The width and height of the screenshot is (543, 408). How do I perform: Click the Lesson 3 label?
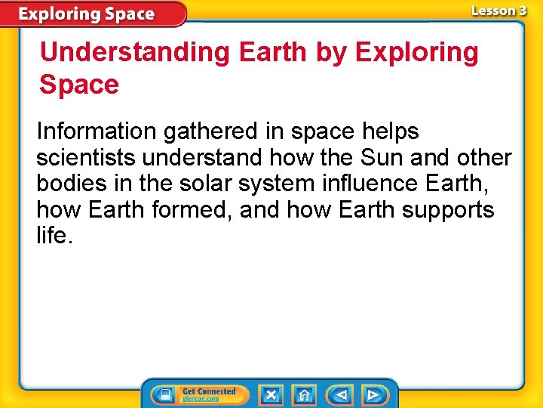click(x=499, y=11)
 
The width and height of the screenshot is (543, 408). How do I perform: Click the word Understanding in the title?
click(x=136, y=53)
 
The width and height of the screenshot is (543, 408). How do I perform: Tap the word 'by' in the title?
click(x=330, y=53)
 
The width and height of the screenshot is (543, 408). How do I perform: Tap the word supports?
click(x=448, y=210)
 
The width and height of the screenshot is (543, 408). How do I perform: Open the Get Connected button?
click(x=199, y=394)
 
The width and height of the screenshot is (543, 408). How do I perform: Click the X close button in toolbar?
click(x=271, y=394)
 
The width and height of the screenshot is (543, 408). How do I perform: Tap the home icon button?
click(x=304, y=394)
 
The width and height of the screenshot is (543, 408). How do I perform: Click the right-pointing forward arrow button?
click(x=373, y=394)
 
